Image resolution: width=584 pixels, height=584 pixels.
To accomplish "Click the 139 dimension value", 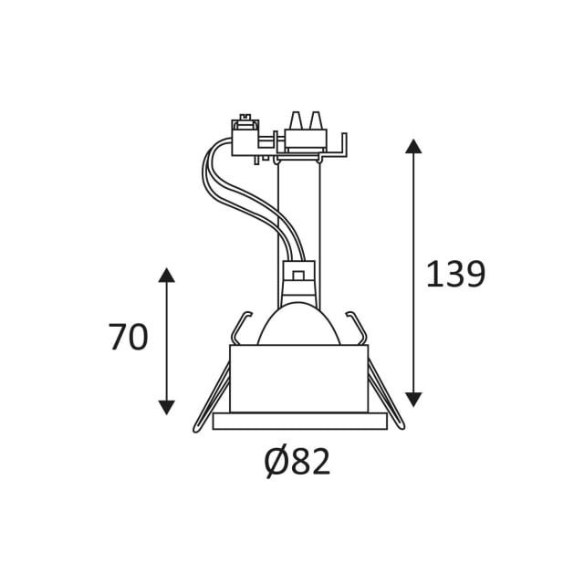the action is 455,274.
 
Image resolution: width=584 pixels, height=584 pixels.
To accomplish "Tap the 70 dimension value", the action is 128,337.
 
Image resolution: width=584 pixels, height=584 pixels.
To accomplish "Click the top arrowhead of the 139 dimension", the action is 413,146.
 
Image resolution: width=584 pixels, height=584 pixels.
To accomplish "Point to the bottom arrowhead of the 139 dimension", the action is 413,400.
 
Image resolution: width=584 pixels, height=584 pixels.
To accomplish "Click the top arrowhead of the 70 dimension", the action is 166,275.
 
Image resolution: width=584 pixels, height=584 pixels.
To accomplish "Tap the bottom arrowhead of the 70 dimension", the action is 166,408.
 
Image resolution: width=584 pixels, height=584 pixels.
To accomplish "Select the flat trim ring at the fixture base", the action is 300,422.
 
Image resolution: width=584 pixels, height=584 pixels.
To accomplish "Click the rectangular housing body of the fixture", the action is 299,379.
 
